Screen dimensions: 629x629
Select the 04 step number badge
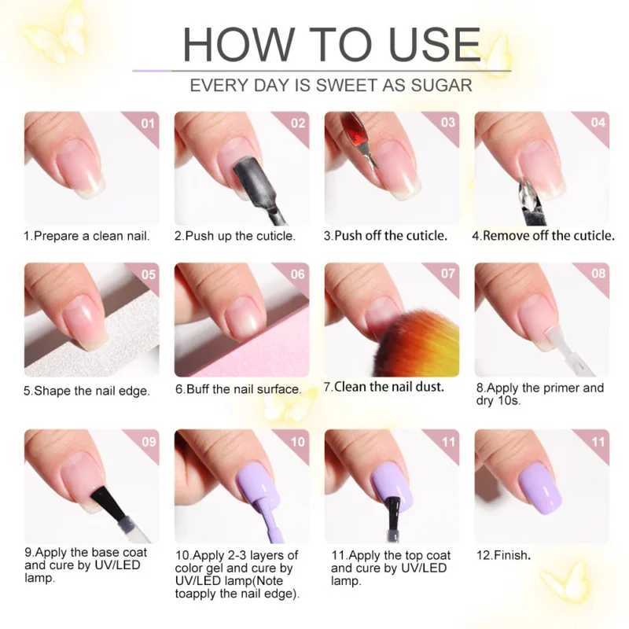(x=598, y=123)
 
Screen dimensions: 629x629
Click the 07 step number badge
(x=448, y=274)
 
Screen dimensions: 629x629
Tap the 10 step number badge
(x=298, y=442)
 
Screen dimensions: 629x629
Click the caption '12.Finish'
(x=503, y=555)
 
